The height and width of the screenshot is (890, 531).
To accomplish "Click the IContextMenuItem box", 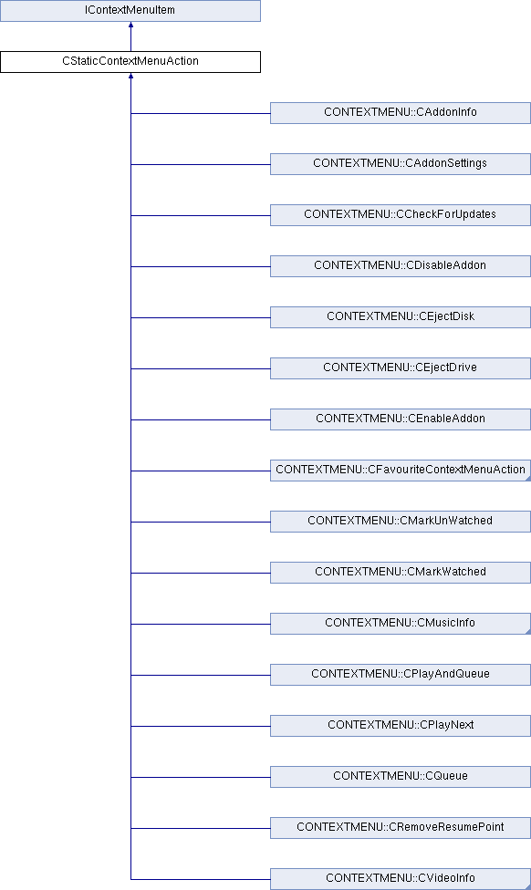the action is point(130,11).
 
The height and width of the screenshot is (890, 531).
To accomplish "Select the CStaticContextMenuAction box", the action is point(130,62).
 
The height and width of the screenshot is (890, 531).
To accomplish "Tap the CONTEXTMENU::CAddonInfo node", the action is point(401,113).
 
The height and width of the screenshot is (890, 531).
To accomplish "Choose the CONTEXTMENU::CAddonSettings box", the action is point(401,164).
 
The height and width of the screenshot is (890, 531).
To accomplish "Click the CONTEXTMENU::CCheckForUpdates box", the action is point(401,215).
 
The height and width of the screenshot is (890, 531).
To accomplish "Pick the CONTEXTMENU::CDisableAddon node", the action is point(401,266).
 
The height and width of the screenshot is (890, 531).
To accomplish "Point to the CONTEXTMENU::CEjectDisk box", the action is point(401,317).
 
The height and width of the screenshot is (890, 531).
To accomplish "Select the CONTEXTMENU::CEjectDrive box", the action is point(401,368).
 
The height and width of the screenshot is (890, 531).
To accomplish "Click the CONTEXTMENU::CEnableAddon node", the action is point(401,419).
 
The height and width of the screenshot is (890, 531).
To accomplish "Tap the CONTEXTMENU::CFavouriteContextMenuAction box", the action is point(401,471).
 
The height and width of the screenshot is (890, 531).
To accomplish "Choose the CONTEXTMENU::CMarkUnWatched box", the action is point(401,522).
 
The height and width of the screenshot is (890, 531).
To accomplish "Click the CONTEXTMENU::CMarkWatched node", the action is point(401,573).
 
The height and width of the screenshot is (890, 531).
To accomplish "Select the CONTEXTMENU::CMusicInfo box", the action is point(401,624).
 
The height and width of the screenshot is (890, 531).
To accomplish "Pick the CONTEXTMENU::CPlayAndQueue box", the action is point(401,675).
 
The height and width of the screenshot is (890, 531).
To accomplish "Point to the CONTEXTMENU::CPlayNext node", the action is point(401,726).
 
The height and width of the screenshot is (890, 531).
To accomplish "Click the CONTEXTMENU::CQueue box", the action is point(401,777).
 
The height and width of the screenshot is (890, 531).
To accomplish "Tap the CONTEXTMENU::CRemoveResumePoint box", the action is point(401,828).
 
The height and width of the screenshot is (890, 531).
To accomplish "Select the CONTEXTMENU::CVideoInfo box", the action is point(401,879).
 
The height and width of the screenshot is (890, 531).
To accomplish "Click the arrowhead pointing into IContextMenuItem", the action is point(130,25).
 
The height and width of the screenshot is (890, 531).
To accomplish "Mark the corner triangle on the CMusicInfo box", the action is point(528,632).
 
